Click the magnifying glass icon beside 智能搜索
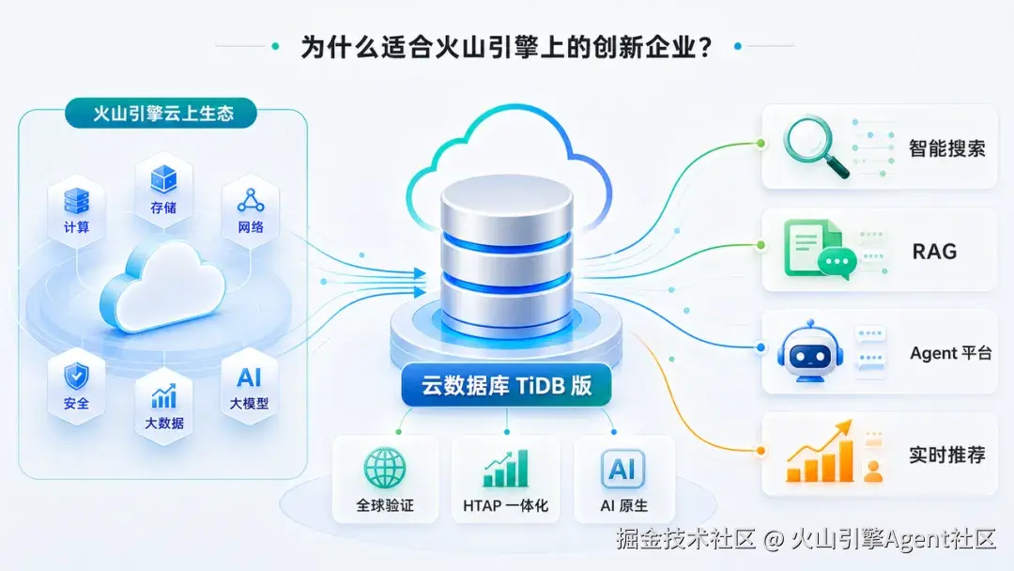(x=816, y=147)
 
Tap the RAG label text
(x=934, y=252)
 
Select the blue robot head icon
(x=809, y=352)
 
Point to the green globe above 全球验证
(x=385, y=468)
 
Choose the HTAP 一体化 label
(x=506, y=505)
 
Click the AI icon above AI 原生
(x=622, y=469)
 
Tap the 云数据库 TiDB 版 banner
(x=506, y=385)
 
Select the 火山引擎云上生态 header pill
(x=161, y=114)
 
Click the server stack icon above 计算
(x=76, y=201)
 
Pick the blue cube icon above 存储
(x=163, y=179)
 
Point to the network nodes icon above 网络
(x=251, y=200)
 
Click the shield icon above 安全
(x=76, y=376)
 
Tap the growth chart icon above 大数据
(x=163, y=396)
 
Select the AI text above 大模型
(x=249, y=377)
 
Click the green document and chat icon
(x=820, y=250)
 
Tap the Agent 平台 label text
(x=950, y=353)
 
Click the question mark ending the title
(x=705, y=47)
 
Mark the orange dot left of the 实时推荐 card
(x=761, y=451)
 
